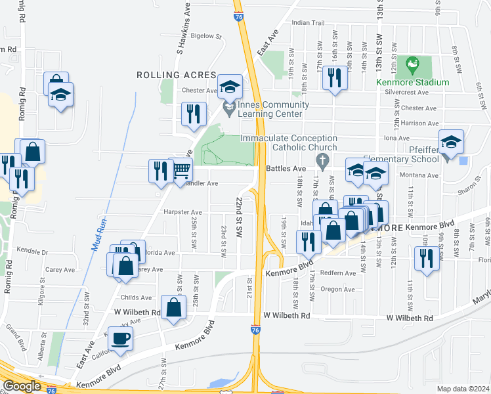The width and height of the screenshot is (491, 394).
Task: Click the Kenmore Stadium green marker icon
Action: pyautogui.click(x=412, y=64)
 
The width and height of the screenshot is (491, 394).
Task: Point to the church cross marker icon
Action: pyautogui.click(x=322, y=160)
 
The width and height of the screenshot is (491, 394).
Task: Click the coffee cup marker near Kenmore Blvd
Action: pyautogui.click(x=120, y=338)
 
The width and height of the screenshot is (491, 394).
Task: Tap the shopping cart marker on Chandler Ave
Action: pyautogui.click(x=181, y=170)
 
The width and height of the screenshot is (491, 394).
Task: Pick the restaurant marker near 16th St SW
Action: pyautogui.click(x=335, y=78)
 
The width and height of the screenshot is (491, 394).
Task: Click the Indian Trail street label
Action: pyautogui.click(x=309, y=23)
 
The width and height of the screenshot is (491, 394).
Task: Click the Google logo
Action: pyautogui.click(x=22, y=386)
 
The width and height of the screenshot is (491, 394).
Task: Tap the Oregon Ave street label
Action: pyautogui.click(x=337, y=290)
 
